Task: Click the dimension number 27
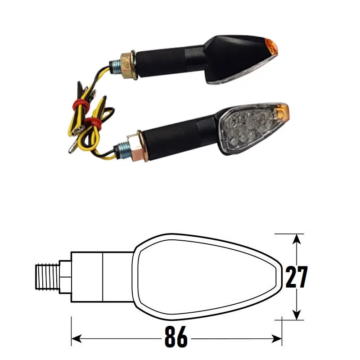pyautogui.click(x=297, y=277)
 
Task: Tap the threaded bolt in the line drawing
pyautogui.click(x=47, y=276)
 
